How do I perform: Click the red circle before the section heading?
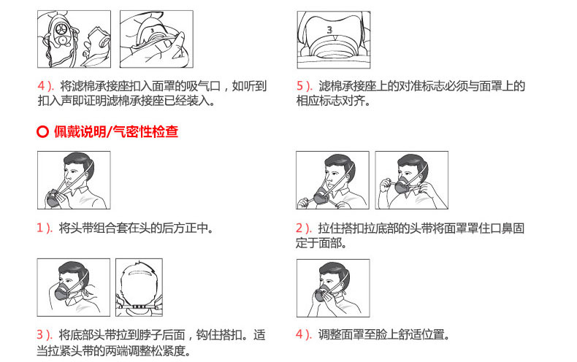42,131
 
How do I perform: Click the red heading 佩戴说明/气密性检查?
116,131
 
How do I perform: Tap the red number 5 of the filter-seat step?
300,86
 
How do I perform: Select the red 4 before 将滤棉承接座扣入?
41,86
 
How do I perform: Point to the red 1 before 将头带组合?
40,228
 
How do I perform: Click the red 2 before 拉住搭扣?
299,228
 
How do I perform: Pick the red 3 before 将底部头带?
40,335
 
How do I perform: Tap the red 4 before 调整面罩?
299,335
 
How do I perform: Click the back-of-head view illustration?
139,288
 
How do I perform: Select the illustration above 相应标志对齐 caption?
334,39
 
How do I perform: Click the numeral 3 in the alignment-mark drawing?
329,29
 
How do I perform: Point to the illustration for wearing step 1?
74,180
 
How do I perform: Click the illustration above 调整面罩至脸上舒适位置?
333,288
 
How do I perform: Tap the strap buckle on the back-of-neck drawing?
139,307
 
